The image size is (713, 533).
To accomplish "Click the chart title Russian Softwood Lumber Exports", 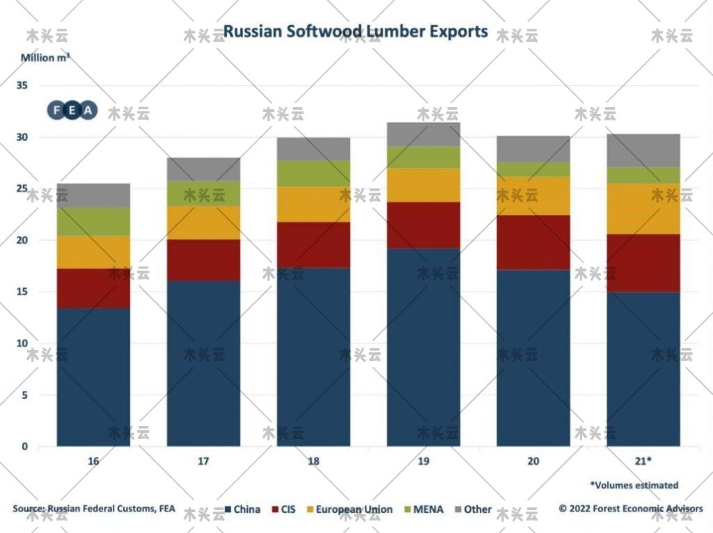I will pos(355,32).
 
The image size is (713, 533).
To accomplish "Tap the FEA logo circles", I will pos(72,110).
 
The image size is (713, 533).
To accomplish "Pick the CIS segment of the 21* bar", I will pos(643,263).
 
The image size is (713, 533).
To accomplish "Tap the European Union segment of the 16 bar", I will pos(93,252).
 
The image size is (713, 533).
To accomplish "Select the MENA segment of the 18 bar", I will pos(313,173).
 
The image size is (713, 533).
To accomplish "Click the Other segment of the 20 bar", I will pos(533,149).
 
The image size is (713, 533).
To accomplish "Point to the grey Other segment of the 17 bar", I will pos(203,169).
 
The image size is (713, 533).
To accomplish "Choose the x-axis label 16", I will pos(93,461).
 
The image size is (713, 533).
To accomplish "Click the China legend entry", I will pos(241,509).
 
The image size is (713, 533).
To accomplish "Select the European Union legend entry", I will pos(348,509).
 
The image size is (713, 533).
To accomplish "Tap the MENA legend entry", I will pos(422,509).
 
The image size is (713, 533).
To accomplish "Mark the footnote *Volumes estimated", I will pos(634,485).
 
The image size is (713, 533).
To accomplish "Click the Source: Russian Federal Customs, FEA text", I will pos(94,509).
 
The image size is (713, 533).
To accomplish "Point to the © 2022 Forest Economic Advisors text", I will pos(630,509).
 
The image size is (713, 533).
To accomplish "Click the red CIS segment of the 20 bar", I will pos(533,242).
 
